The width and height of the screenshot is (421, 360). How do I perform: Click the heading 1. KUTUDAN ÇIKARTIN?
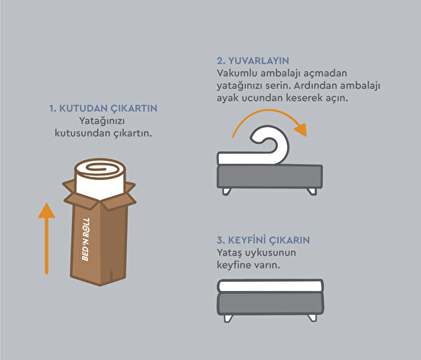click(103, 109)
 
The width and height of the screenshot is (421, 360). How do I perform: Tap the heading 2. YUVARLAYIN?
click(253, 61)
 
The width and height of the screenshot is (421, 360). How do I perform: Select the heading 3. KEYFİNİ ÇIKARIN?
click(263, 241)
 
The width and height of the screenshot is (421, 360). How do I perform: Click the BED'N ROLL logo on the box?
click(86, 239)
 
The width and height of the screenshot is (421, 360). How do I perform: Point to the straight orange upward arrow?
click(47, 238)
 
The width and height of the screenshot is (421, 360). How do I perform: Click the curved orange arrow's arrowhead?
click(302, 129)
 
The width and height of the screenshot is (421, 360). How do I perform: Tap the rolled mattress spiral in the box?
click(100, 169)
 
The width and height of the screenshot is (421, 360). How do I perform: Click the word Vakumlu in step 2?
click(237, 73)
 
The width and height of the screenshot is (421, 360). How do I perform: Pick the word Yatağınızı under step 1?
click(102, 122)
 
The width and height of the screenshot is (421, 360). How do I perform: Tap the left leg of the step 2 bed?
click(227, 191)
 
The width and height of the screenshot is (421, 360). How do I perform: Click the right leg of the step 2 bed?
click(312, 191)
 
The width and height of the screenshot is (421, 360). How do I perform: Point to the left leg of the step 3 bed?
click(228, 318)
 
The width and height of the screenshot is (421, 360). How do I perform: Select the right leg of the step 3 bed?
click(312, 318)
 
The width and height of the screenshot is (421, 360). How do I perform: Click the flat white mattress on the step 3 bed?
click(270, 286)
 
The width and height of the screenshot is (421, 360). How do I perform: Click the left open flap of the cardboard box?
click(69, 186)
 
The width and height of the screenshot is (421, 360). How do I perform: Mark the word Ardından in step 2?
click(315, 86)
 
